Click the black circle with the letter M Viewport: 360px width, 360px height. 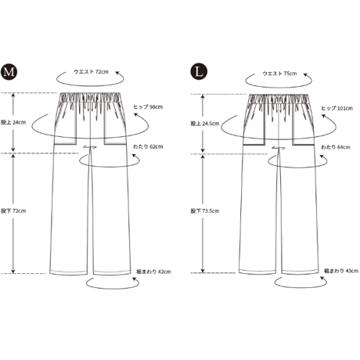(x=9, y=71)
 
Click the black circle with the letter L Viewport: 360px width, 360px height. (x=199, y=71)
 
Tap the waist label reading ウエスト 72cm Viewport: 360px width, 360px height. (x=91, y=72)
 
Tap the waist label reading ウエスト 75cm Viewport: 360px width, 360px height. (x=279, y=74)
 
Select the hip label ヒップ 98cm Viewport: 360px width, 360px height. (x=148, y=107)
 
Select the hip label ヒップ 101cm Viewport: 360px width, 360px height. (x=337, y=108)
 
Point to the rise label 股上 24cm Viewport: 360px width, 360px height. (x=13, y=122)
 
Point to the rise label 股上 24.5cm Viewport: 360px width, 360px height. (x=205, y=124)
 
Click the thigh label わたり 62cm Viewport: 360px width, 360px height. (x=148, y=146)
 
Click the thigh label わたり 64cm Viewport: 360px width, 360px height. (x=336, y=147)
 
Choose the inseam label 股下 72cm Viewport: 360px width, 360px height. (x=13, y=211)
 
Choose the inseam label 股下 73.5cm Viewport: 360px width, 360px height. (x=205, y=211)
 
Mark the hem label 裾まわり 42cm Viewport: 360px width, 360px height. (x=153, y=272)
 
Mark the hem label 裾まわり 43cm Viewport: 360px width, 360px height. (x=341, y=271)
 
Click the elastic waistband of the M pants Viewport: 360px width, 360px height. (x=90, y=97)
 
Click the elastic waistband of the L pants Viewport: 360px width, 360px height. (x=279, y=99)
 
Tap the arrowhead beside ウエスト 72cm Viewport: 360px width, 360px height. (x=117, y=74)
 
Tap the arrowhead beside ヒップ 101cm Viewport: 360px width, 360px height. (x=323, y=116)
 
